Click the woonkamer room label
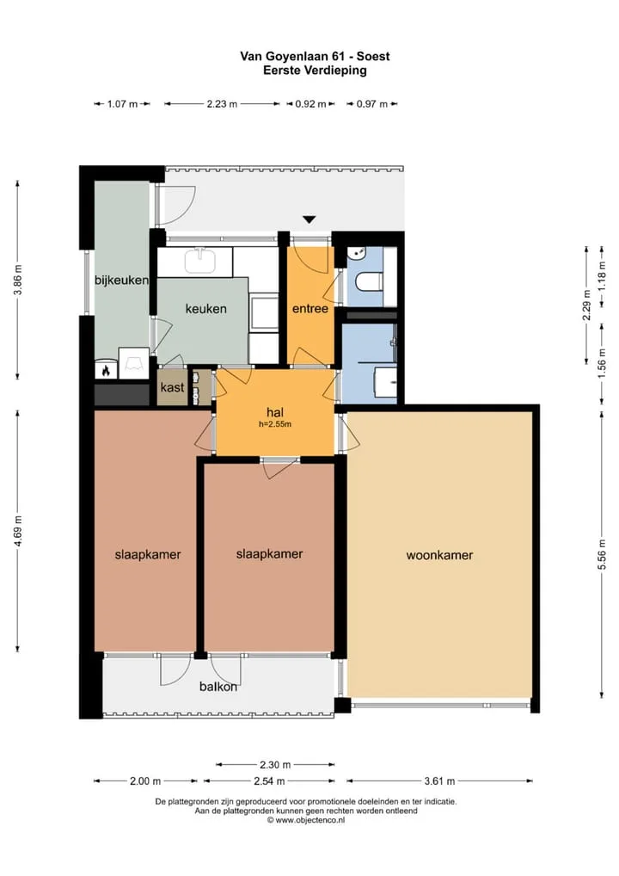click(x=439, y=555)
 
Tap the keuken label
click(x=206, y=308)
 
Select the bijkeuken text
click(x=121, y=280)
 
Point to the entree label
click(x=310, y=308)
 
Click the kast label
click(x=172, y=387)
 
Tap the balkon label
click(x=218, y=687)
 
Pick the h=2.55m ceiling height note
click(x=274, y=424)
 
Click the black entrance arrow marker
click(x=309, y=219)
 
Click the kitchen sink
click(x=199, y=261)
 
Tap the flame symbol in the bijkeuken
click(x=106, y=370)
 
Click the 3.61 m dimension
click(x=439, y=781)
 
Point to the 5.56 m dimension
click(x=602, y=555)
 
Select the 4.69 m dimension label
click(x=17, y=531)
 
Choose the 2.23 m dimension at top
click(x=222, y=104)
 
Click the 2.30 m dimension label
click(x=274, y=764)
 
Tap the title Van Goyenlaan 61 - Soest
click(x=315, y=56)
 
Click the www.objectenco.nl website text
click(x=306, y=820)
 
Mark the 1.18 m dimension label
click(x=602, y=276)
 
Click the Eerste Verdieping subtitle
click(x=315, y=71)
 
